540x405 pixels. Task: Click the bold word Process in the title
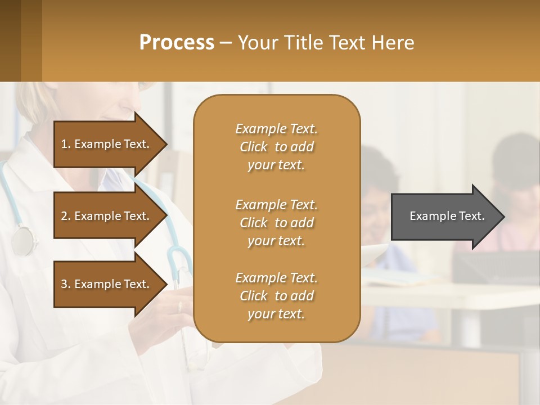177,43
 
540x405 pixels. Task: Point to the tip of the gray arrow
503,217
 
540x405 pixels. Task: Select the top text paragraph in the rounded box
276,147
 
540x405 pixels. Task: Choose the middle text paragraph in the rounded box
276,223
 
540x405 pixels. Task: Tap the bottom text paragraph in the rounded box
276,296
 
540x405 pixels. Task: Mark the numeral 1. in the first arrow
66,145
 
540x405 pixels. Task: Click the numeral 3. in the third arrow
66,285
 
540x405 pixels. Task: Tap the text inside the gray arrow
447,216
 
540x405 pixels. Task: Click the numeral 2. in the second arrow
66,217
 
